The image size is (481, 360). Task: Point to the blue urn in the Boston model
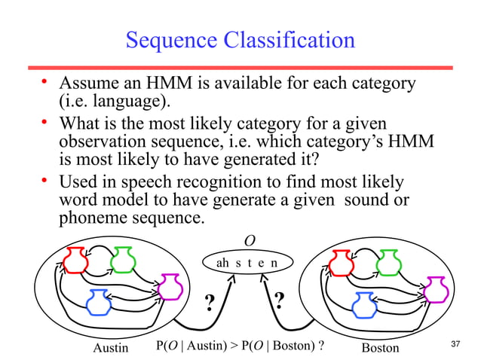pos(364,302)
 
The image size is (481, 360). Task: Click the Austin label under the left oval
pos(111,348)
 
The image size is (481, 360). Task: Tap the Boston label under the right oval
pos(380,348)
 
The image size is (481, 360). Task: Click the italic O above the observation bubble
pos(250,240)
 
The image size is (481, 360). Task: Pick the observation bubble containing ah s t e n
pos(247,263)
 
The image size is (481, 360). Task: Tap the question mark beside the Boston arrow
pos(280,301)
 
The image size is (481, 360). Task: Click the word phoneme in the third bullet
pos(94,218)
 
